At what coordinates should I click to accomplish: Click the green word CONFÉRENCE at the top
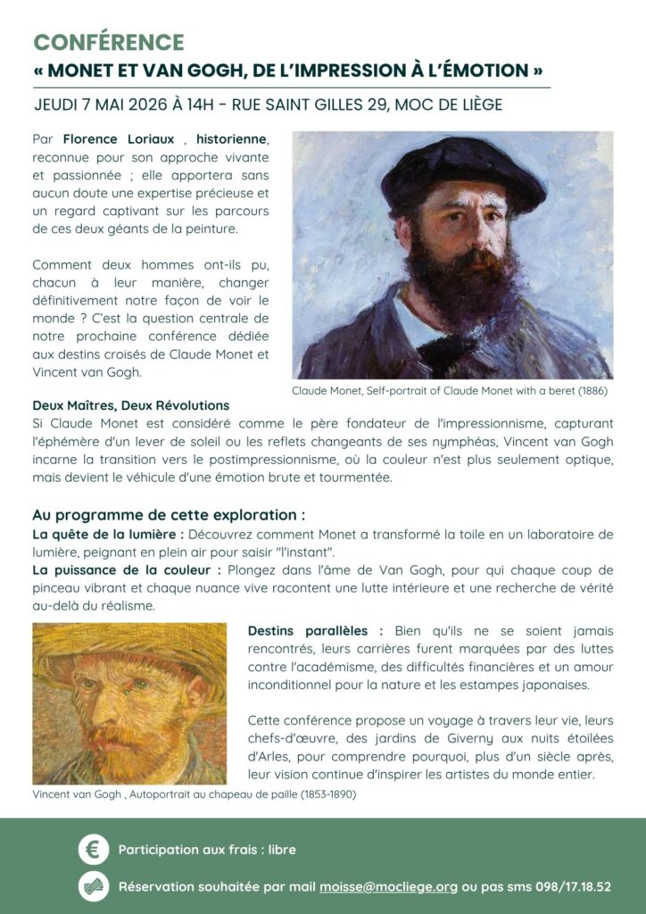109,42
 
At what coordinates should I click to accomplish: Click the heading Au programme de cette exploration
169,515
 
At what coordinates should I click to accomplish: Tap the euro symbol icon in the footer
93,850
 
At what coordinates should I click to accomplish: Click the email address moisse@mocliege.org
388,887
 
